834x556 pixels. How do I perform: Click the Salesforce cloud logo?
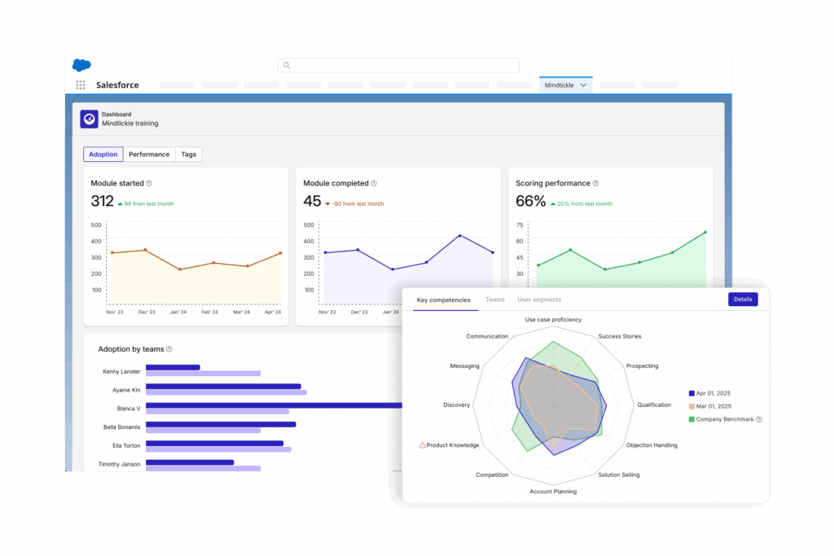81,65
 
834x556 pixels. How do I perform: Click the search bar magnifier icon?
287,65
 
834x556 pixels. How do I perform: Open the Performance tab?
149,154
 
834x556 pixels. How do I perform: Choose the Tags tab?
188,154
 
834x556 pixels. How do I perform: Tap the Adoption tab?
103,154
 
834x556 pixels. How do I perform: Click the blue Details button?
742,300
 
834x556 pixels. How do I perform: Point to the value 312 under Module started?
103,201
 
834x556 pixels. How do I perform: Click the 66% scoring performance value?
530,201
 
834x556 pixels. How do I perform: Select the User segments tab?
539,300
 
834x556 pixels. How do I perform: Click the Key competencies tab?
443,300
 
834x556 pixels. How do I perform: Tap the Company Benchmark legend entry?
724,419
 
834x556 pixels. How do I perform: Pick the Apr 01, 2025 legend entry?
713,392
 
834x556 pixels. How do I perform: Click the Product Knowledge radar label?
453,445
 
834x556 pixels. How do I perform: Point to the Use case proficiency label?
553,320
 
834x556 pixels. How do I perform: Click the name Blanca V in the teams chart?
127,408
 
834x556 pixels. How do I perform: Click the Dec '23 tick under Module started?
146,312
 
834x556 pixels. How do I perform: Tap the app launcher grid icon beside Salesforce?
81,85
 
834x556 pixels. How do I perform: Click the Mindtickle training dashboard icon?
89,119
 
